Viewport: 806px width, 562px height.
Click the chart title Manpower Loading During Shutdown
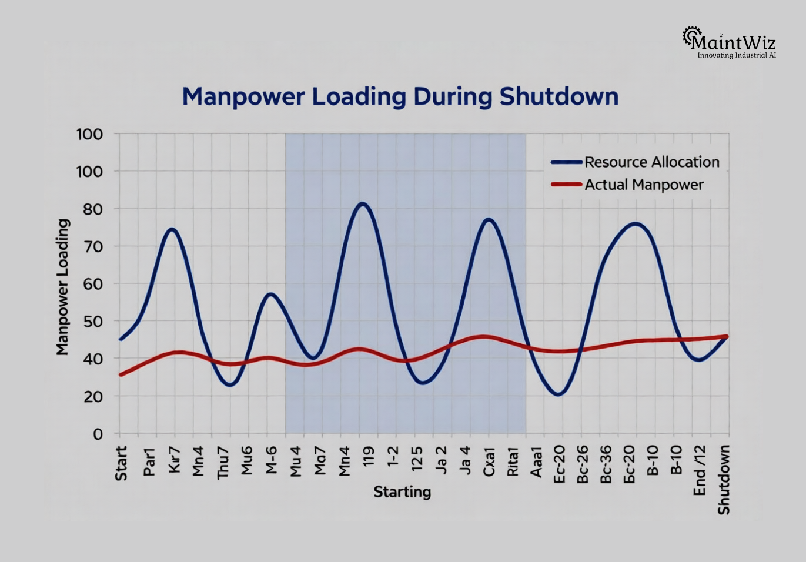[x=400, y=97]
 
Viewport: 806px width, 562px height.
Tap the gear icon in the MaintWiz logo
[x=691, y=36]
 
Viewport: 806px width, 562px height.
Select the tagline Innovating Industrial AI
[x=737, y=55]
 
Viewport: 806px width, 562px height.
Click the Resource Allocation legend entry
[x=651, y=162]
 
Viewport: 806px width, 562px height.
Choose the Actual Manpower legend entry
[x=644, y=185]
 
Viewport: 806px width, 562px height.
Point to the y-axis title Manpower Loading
[x=63, y=287]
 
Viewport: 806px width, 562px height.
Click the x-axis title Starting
[x=402, y=491]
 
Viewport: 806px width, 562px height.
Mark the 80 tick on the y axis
[x=89, y=209]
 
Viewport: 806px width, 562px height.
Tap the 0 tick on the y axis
[x=97, y=434]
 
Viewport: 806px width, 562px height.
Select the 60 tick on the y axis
[x=89, y=284]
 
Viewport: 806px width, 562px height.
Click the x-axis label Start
[x=121, y=463]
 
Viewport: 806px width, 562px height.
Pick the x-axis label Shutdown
[x=724, y=480]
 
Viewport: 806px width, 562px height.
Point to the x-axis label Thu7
[x=223, y=463]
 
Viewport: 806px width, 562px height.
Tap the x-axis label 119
[x=369, y=457]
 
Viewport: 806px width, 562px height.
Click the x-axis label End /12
[x=700, y=470]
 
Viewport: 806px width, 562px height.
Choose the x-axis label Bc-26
[x=583, y=464]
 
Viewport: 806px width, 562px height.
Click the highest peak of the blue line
[x=362, y=203]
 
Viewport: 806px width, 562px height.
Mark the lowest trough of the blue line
[x=558, y=394]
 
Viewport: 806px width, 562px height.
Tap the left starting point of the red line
[x=121, y=374]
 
